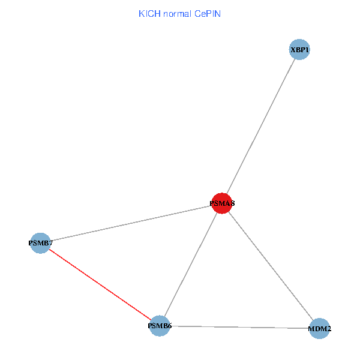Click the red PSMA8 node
[222, 203]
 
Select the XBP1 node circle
[299, 50]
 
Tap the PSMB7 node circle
[40, 243]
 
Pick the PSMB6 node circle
[160, 326]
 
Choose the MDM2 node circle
[320, 328]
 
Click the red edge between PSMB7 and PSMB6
[100, 284]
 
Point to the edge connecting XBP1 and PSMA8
[261, 126]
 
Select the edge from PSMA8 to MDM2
[270, 265]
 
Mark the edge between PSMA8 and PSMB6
[191, 265]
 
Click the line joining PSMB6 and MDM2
[240, 327]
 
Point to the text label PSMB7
[40, 243]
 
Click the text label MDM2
[320, 329]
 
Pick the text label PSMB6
[160, 326]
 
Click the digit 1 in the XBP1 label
[307, 50]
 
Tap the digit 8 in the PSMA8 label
[232, 204]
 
